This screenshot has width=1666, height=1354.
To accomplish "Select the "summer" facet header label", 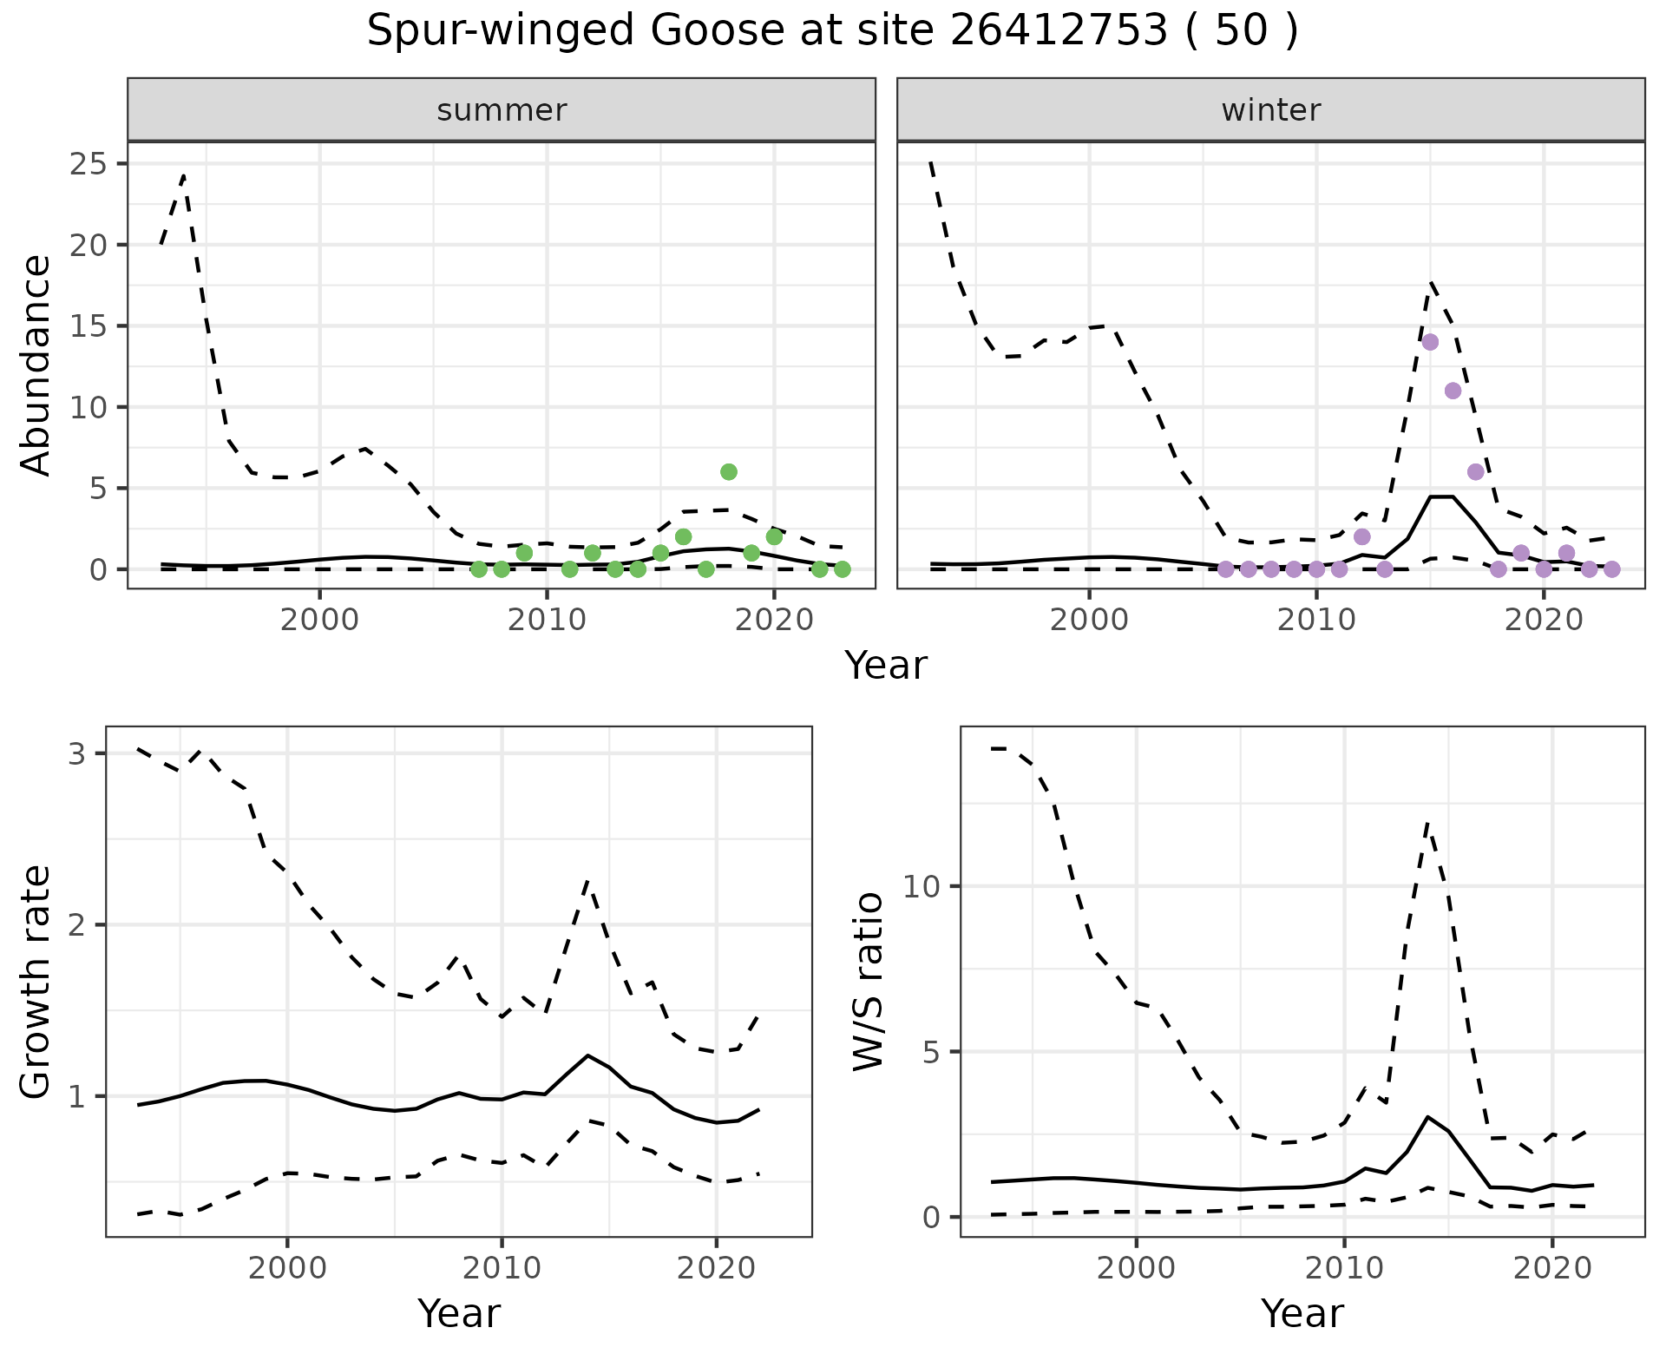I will (502, 110).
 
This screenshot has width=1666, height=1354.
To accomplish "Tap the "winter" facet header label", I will (1270, 110).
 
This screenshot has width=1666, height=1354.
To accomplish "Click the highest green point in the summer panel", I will (729, 472).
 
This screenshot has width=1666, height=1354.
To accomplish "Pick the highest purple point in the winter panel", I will (1430, 342).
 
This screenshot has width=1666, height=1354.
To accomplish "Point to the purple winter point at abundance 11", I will (1453, 391).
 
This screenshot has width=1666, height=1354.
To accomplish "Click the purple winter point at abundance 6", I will (1475, 472).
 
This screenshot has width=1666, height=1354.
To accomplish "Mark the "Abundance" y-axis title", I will (36, 365).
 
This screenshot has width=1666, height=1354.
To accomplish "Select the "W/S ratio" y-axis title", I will (868, 982).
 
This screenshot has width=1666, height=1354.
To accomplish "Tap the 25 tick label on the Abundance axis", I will (88, 164).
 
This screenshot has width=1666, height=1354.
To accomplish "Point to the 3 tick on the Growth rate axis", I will (77, 753).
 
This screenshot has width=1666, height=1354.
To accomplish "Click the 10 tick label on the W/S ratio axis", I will (921, 886).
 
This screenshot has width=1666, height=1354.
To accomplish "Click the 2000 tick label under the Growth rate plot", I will (287, 1268).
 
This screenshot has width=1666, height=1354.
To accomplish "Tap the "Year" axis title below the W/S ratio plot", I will (1302, 1313).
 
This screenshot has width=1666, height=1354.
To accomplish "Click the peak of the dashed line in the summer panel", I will (184, 176).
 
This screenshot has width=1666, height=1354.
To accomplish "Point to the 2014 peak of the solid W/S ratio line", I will (1427, 1116).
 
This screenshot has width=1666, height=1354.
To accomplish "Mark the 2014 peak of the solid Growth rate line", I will (587, 1055).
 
